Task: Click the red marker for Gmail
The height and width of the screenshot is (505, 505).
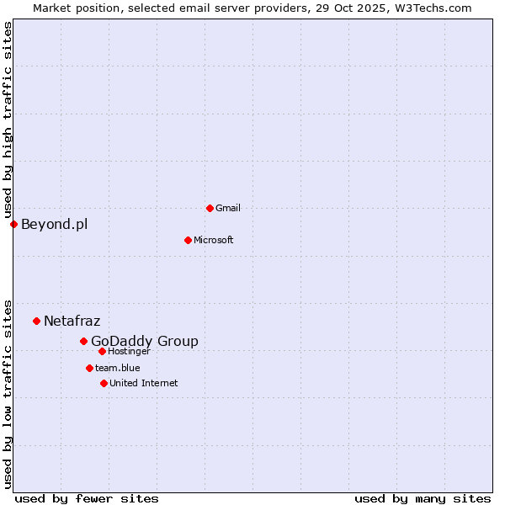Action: tap(210, 208)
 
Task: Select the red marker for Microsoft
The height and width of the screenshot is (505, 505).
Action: tap(188, 240)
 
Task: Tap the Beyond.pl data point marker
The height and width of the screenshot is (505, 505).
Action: tap(13, 224)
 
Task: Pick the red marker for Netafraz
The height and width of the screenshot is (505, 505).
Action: tap(36, 321)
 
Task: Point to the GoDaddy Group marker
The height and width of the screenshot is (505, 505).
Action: tap(83, 341)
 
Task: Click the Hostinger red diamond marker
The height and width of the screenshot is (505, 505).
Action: tap(102, 351)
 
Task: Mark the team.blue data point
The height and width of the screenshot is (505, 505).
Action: tap(89, 368)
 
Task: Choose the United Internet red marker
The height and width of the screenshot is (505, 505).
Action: tap(104, 383)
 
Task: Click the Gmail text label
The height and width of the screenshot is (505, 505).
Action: tap(228, 208)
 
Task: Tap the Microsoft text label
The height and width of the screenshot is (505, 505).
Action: tap(214, 240)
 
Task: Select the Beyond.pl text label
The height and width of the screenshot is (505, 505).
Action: tap(54, 224)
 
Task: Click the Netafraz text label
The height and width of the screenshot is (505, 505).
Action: tap(72, 321)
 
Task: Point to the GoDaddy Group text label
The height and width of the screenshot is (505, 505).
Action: tap(145, 341)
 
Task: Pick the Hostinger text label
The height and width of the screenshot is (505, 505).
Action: tap(129, 351)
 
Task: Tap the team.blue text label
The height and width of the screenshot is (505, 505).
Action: tap(118, 368)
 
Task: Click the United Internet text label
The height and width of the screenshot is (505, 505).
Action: tap(144, 383)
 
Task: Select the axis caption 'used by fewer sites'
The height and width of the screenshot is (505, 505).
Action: tap(87, 498)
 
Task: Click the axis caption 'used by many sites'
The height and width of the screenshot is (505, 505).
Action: tap(423, 498)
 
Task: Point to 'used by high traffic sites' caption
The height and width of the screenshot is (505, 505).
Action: tap(8, 120)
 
